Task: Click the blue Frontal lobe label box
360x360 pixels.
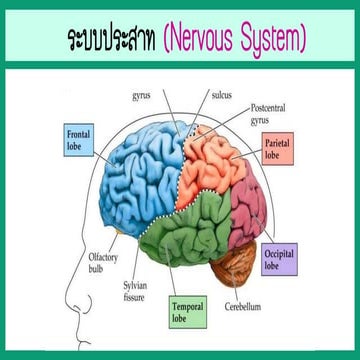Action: point(80,139)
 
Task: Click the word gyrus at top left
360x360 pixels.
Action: point(143,97)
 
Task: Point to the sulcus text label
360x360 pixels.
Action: point(221,95)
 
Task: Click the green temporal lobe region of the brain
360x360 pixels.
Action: point(195,235)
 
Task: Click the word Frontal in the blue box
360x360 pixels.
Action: point(80,133)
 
